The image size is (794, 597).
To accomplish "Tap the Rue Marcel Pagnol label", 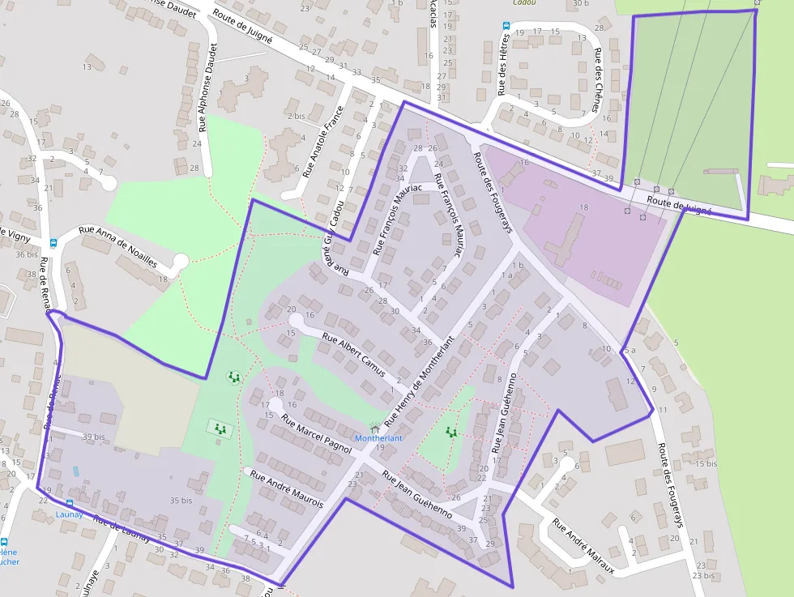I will pyautogui.click(x=316, y=433).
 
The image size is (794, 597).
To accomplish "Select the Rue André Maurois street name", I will pyautogui.click(x=288, y=489).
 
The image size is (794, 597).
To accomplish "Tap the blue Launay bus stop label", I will pyautogui.click(x=69, y=514).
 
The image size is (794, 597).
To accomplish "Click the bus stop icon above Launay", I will pyautogui.click(x=69, y=502).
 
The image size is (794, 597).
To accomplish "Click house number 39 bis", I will pyautogui.click(x=93, y=437).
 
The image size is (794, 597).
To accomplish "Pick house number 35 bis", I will pyautogui.click(x=181, y=501).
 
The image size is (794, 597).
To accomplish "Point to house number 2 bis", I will pyautogui.click(x=296, y=116).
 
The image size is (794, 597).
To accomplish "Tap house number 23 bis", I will pyautogui.click(x=704, y=576).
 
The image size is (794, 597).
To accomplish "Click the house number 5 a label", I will pyautogui.click(x=629, y=351).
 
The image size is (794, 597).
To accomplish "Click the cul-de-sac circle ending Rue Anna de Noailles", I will pyautogui.click(x=180, y=261).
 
